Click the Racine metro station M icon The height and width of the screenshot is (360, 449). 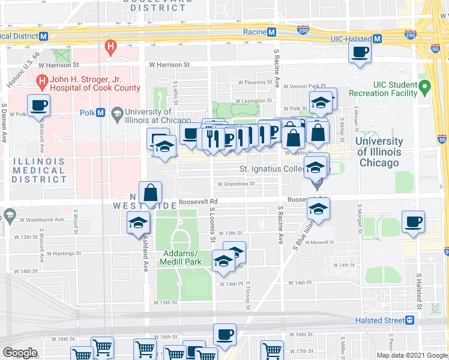[272, 32]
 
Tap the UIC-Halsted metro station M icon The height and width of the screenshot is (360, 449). [377, 38]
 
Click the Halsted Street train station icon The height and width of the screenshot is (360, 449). [410, 320]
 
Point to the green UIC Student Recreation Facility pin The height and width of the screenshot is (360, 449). [424, 88]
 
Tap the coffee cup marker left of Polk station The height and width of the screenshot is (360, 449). [39, 106]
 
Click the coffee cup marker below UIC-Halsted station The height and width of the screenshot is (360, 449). [360, 52]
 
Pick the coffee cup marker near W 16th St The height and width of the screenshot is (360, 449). [224, 334]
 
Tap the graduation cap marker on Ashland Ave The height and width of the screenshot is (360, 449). [138, 223]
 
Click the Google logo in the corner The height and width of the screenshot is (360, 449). [20, 353]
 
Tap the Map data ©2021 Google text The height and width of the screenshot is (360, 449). [411, 355]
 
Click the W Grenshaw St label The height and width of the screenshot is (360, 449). [236, 184]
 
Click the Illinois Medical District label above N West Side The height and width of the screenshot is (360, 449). [39, 170]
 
